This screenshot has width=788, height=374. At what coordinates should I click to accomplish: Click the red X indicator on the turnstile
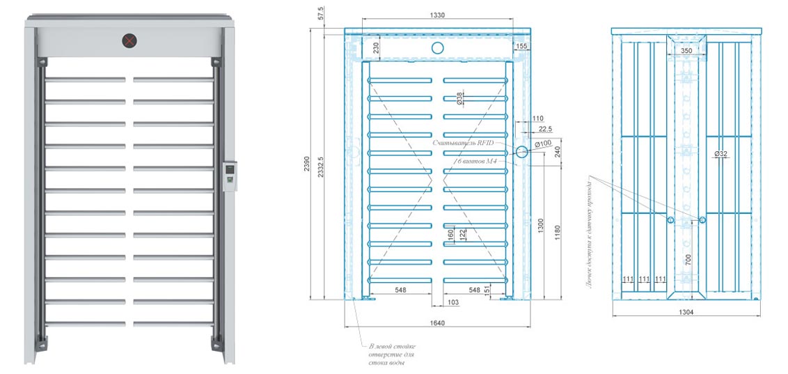129,41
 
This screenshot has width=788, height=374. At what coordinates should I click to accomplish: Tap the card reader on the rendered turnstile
229,176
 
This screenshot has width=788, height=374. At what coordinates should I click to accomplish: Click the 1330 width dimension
437,15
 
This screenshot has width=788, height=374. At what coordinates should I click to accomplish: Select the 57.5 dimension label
321,14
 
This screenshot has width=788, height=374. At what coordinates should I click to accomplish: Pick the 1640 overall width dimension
437,322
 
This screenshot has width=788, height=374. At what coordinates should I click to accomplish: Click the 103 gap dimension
453,303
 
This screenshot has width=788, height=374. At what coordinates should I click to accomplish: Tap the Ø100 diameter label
544,143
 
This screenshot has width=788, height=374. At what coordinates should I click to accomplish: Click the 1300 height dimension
541,227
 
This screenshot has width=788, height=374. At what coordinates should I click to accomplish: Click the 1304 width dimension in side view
685,312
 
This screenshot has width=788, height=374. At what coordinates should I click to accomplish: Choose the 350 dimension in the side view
686,51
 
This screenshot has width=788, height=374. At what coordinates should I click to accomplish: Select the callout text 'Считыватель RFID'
463,143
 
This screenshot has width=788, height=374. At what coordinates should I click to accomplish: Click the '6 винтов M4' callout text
478,161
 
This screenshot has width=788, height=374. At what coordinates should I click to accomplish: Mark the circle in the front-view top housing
437,47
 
